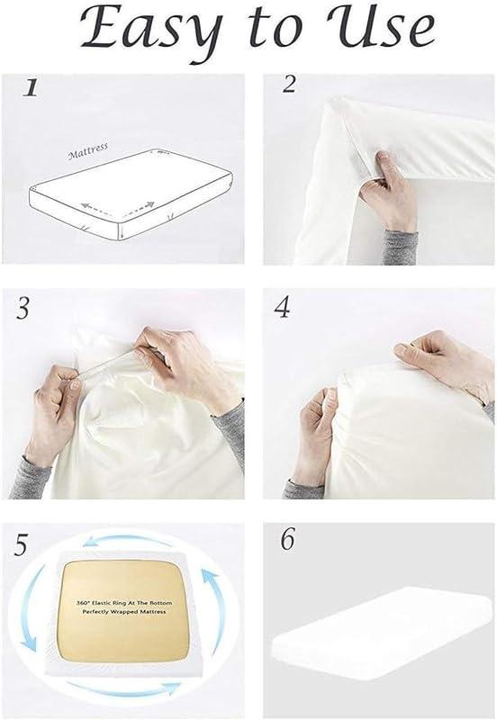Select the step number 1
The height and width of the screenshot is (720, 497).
pyautogui.click(x=31, y=88)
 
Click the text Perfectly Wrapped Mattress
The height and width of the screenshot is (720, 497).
pyautogui.click(x=124, y=623)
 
